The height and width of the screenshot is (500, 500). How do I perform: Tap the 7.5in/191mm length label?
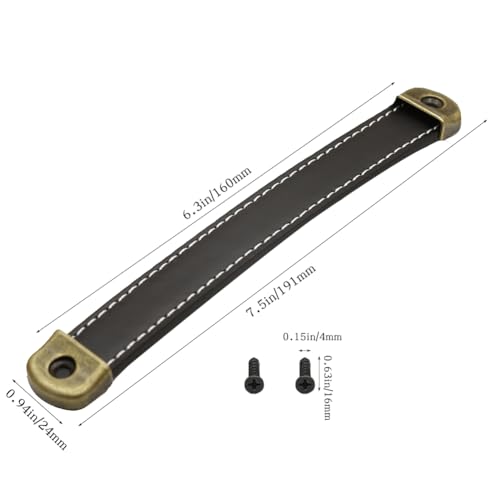[280, 291]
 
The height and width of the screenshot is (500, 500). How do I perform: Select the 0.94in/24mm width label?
[36, 420]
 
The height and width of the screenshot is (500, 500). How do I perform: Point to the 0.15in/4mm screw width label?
[312, 337]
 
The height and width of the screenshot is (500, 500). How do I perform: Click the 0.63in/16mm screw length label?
[328, 388]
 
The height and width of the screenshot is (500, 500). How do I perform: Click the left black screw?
[254, 375]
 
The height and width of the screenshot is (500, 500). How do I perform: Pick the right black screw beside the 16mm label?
[305, 375]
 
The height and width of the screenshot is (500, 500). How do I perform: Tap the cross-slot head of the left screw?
[254, 384]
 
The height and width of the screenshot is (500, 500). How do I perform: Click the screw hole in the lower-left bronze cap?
[62, 365]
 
